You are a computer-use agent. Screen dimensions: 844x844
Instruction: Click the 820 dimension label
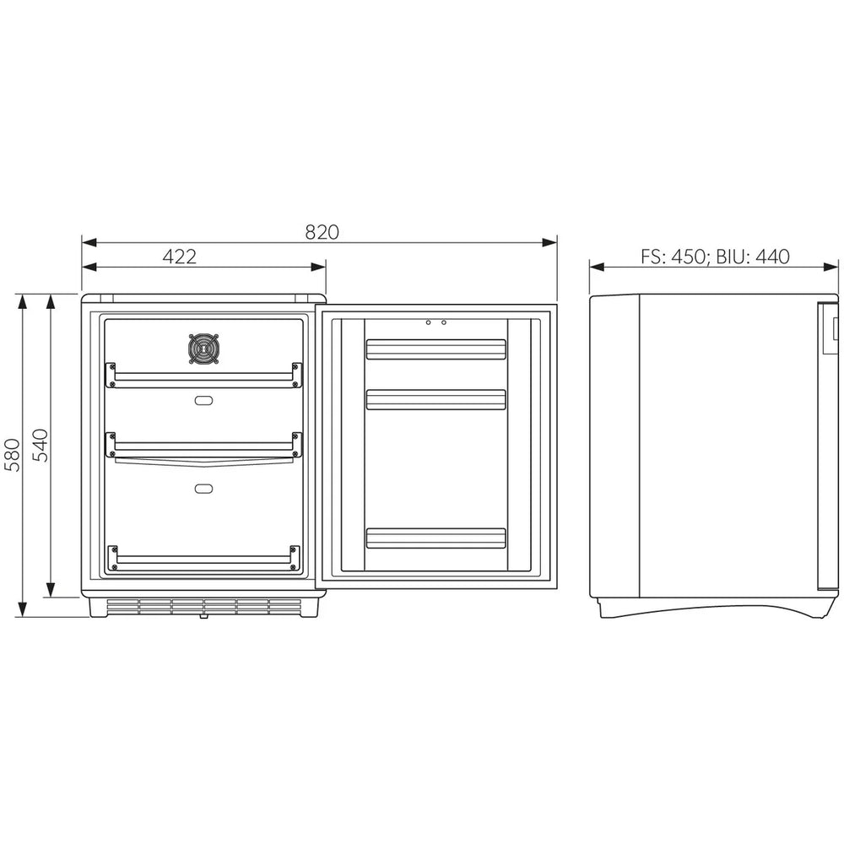(322, 232)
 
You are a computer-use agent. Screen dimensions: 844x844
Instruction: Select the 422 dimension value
(179, 257)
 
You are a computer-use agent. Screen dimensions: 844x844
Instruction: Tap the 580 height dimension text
(12, 455)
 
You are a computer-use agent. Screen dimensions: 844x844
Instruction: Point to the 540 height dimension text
(41, 445)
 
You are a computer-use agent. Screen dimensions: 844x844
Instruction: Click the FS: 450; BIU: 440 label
(715, 257)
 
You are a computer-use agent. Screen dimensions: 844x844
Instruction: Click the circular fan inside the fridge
(204, 349)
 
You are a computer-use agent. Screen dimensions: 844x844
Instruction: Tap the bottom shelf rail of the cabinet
(203, 558)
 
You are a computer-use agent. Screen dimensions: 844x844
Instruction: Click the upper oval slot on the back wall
(203, 400)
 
